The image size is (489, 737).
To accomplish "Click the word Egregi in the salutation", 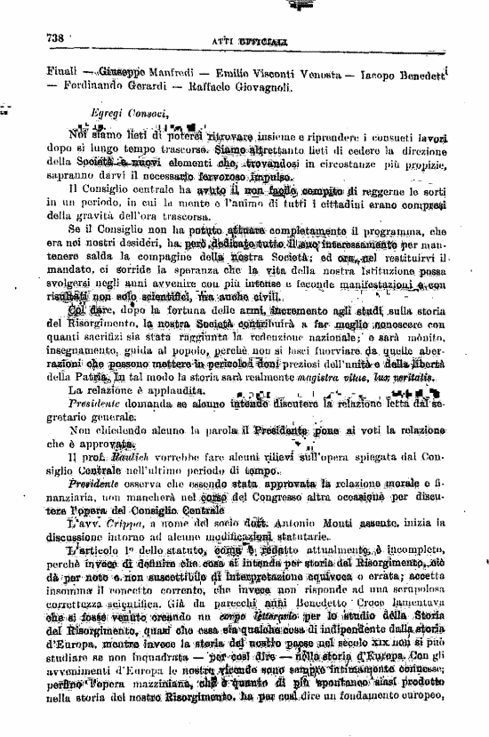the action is click(x=112, y=113).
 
